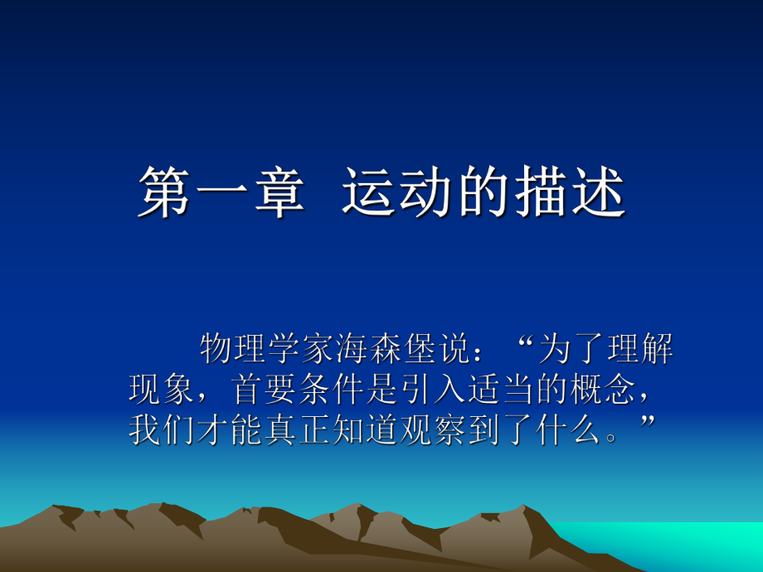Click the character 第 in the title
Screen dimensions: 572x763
(x=163, y=193)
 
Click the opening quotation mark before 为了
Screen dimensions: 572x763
(x=522, y=344)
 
